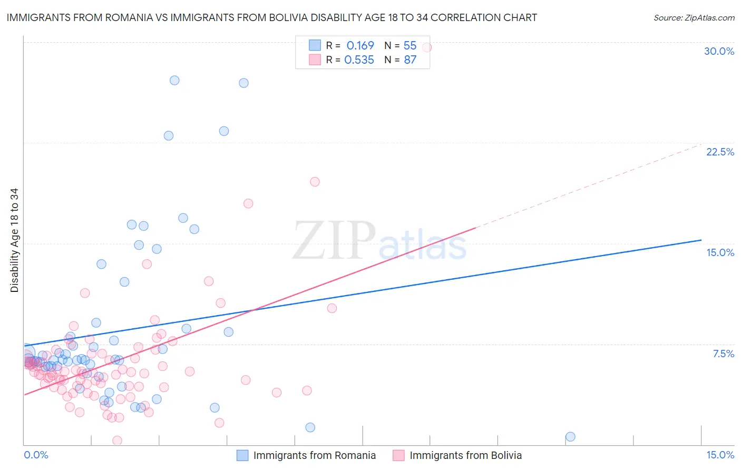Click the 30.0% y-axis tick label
click(x=719, y=51)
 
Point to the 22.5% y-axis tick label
click(x=720, y=152)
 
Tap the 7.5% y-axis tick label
click(x=723, y=354)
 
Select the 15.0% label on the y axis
click(x=720, y=252)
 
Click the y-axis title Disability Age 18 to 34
click(x=14, y=240)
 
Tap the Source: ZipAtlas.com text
click(x=694, y=17)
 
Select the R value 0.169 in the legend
click(x=360, y=45)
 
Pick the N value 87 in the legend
click(x=410, y=60)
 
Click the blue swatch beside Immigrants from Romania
click(x=242, y=455)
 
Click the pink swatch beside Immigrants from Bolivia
click(x=398, y=455)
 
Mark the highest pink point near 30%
click(x=427, y=47)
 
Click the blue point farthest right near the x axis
click(x=570, y=437)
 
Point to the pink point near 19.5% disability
click(x=315, y=182)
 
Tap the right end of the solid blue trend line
click(x=701, y=240)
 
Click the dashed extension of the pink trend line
click(x=590, y=185)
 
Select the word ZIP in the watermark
click(x=334, y=241)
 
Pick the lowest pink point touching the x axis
click(x=118, y=440)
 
